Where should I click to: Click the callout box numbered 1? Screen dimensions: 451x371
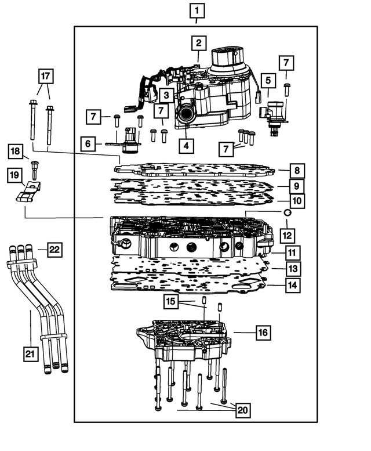pos(197,10)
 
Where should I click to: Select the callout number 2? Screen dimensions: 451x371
pos(198,42)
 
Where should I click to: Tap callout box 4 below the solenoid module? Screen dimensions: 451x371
pos(185,146)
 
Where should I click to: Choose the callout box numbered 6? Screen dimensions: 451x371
pos(88,143)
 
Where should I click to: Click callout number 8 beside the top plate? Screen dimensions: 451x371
pos(297,171)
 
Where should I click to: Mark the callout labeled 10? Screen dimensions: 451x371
pos(297,201)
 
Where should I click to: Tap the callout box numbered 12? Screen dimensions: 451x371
pos(287,236)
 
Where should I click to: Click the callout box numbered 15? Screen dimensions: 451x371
pos(170,302)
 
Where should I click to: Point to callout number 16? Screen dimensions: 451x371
pos(264,333)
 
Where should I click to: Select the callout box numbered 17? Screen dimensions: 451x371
pos(45,75)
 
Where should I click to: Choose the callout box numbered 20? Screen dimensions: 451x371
pos(242,410)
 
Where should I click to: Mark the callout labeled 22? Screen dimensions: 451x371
pos(53,250)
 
